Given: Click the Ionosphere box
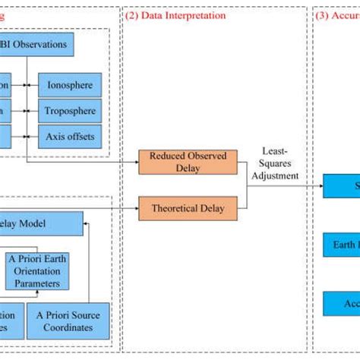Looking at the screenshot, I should [x=70, y=85].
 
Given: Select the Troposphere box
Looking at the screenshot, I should [x=70, y=111].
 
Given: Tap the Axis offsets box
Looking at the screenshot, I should [x=70, y=137].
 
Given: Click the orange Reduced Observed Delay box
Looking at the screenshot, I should [x=188, y=161].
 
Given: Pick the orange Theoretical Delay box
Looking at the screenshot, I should [x=188, y=207].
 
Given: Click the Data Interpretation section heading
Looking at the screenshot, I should [x=177, y=14].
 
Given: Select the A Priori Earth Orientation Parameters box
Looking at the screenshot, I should [x=38, y=270].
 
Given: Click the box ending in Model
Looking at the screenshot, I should [x=38, y=223].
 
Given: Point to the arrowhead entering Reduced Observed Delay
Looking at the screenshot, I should [x=134, y=161].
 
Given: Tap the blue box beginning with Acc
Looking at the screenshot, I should [x=341, y=303].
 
